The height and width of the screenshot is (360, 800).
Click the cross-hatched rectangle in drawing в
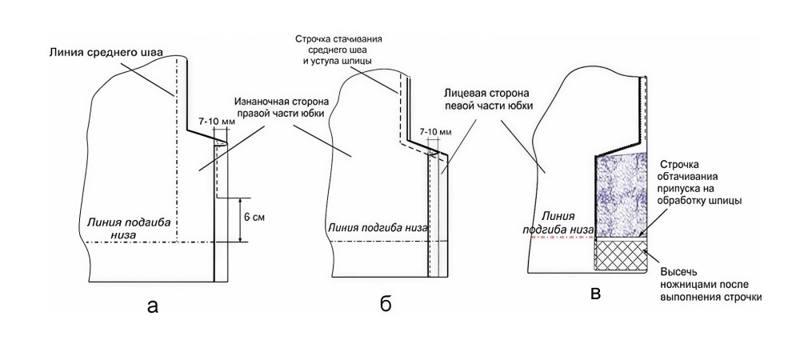[x=620, y=257]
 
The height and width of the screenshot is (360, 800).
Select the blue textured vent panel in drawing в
[x=620, y=194]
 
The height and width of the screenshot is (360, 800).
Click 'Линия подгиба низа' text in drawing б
[x=373, y=226]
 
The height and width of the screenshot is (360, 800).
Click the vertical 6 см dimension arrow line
[x=241, y=219]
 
